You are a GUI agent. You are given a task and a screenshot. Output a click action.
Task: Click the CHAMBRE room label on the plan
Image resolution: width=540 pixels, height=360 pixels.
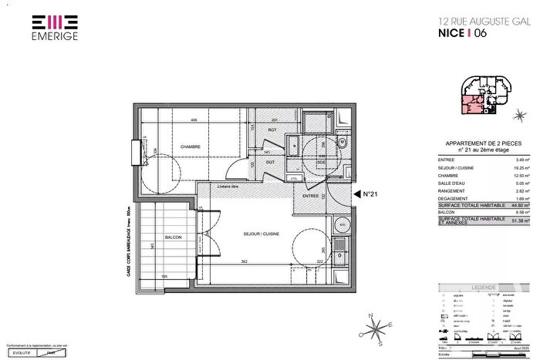click(191, 147)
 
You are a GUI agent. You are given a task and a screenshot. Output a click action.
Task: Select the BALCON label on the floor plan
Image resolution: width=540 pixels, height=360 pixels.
click(174, 237)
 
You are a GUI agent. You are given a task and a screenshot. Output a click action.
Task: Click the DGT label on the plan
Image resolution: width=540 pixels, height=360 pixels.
click(271, 162)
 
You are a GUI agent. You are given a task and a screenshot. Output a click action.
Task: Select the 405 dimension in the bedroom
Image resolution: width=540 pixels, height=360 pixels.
click(194, 119)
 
